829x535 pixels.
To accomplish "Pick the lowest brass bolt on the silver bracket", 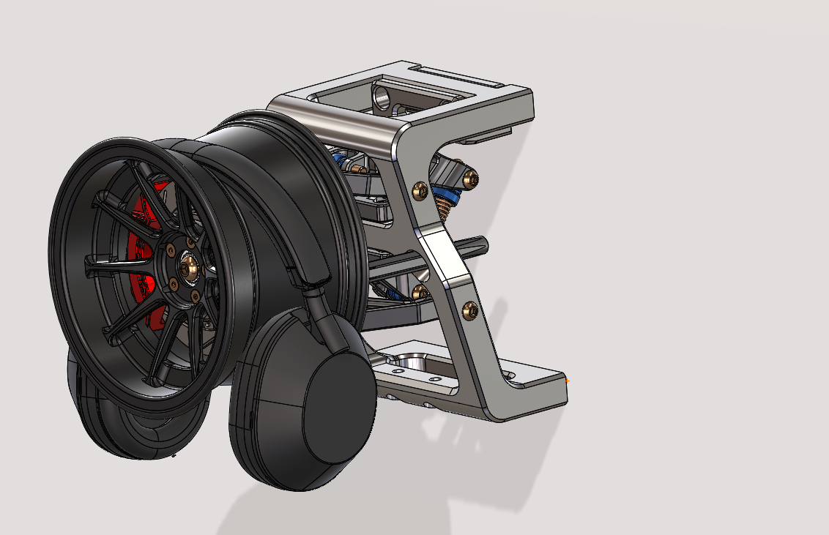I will point(469,310).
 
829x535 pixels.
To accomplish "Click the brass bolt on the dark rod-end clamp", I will point(470,176).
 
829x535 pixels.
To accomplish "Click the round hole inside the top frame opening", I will point(382,94).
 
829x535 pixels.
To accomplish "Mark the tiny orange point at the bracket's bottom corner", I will point(568,380).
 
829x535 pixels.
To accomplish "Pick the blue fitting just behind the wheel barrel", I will point(338,159).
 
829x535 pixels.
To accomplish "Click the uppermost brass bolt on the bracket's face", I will point(420,190).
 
